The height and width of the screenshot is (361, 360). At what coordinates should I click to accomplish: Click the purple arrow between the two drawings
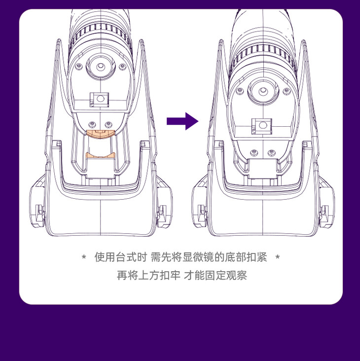click(182, 121)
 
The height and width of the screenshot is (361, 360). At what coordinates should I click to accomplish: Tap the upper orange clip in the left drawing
click(101, 134)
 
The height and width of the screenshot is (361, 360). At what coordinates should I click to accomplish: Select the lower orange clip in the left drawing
click(101, 155)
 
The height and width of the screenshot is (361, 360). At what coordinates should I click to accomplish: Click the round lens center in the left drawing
click(101, 67)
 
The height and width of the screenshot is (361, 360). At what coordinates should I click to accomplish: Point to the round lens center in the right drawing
click(263, 91)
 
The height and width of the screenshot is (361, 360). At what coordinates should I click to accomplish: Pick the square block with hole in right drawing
click(262, 126)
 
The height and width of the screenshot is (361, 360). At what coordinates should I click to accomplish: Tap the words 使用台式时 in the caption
click(121, 257)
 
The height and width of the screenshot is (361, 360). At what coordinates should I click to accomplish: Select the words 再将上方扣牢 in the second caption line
click(148, 275)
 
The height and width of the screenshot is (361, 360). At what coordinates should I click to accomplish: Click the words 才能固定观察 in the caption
click(215, 275)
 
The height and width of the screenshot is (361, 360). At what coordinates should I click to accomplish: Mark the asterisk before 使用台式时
click(84, 257)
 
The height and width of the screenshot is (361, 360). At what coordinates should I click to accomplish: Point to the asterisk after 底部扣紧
click(278, 257)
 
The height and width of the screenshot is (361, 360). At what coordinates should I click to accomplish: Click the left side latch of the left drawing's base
click(40, 214)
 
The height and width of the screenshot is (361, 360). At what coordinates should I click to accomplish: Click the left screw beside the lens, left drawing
click(79, 66)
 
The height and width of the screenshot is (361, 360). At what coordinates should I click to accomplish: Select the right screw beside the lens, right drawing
click(287, 91)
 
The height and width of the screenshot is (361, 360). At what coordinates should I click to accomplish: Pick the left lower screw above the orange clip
click(92, 124)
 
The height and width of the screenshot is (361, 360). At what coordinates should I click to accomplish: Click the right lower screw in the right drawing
click(272, 152)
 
